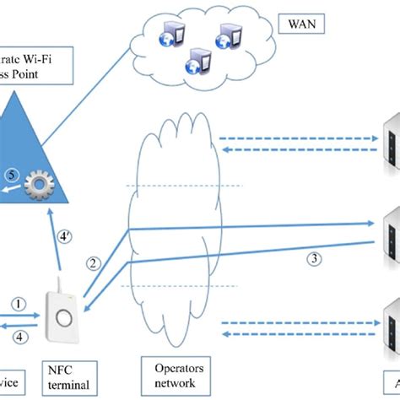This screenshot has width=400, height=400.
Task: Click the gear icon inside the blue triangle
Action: tap(38, 186)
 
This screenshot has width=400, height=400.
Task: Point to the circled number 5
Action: tap(12, 176)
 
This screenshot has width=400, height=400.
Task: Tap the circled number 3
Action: tap(313, 259)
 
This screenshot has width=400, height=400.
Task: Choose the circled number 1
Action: tap(16, 301)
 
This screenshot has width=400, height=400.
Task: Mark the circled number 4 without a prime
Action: tap(16, 337)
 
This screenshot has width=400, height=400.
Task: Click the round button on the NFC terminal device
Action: tap(63, 319)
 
